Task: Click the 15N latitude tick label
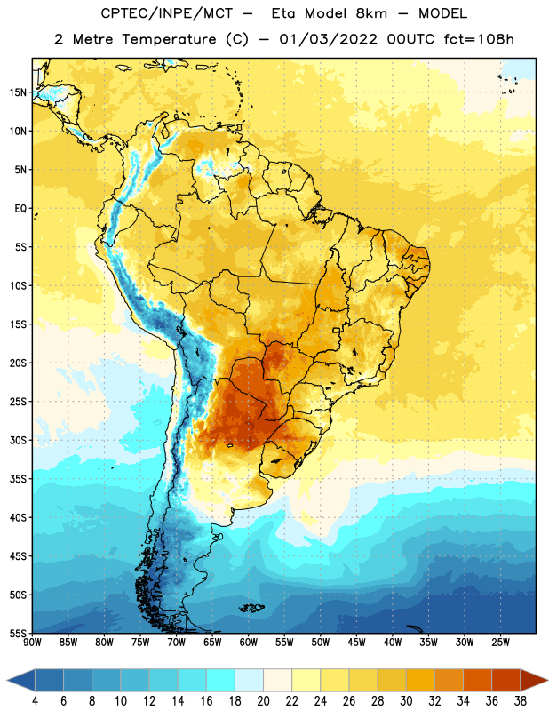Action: [x=18, y=92]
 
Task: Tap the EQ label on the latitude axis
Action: [x=20, y=209]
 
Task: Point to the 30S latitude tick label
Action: [x=18, y=440]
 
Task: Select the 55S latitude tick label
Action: [x=18, y=634]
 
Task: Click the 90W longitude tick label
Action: [x=32, y=643]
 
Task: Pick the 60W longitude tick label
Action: [x=249, y=643]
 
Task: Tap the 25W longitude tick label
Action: [x=500, y=643]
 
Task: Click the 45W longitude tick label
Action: [x=356, y=643]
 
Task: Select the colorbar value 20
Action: [x=263, y=701]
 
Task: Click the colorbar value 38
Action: [x=520, y=701]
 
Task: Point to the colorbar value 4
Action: [x=35, y=701]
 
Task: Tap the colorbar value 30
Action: [x=406, y=701]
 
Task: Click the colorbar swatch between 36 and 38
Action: [x=506, y=680]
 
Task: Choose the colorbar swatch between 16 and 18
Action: [x=220, y=680]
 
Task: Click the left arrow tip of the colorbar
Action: [x=7, y=680]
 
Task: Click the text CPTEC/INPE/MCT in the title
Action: [x=167, y=13]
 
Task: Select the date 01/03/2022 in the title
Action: [x=328, y=39]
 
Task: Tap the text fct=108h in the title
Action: [x=479, y=39]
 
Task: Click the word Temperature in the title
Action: [x=169, y=40]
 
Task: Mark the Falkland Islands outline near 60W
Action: [x=251, y=608]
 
